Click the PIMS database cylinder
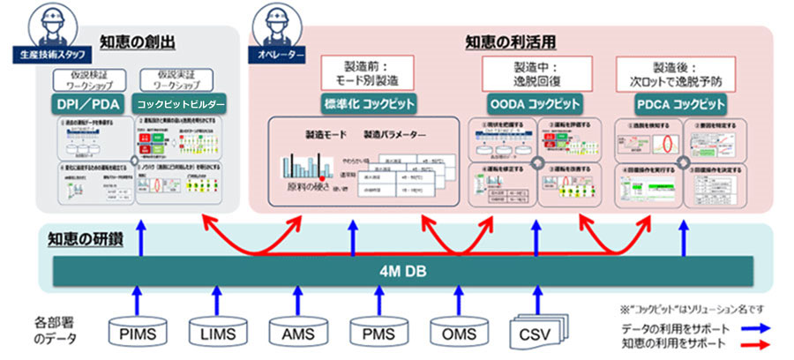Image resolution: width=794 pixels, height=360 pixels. (x=134, y=333)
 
